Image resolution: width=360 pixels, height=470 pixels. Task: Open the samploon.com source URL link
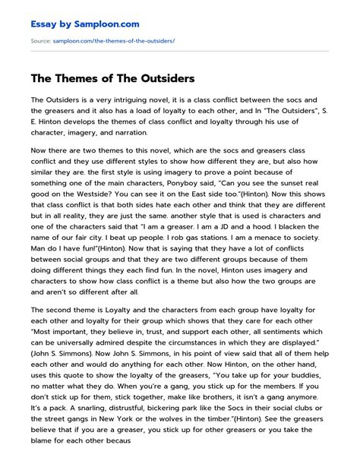(x=114, y=39)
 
